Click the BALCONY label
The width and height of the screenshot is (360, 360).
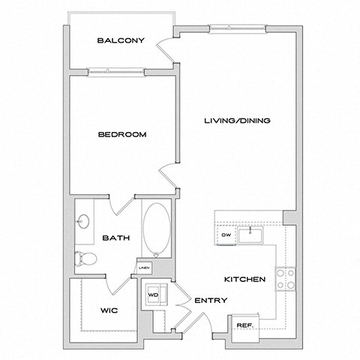coord(120,40)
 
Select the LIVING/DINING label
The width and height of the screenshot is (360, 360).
coord(238,121)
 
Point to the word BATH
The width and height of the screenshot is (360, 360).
coord(116,238)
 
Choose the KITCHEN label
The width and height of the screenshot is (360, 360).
coord(244,280)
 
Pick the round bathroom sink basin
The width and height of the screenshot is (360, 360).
coord(83,221)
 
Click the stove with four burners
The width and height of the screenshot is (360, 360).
coord(284,279)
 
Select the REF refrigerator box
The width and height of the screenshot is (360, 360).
coord(244,324)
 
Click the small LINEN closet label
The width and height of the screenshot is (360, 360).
coord(143,267)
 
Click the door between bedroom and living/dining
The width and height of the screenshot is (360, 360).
coord(169,179)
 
